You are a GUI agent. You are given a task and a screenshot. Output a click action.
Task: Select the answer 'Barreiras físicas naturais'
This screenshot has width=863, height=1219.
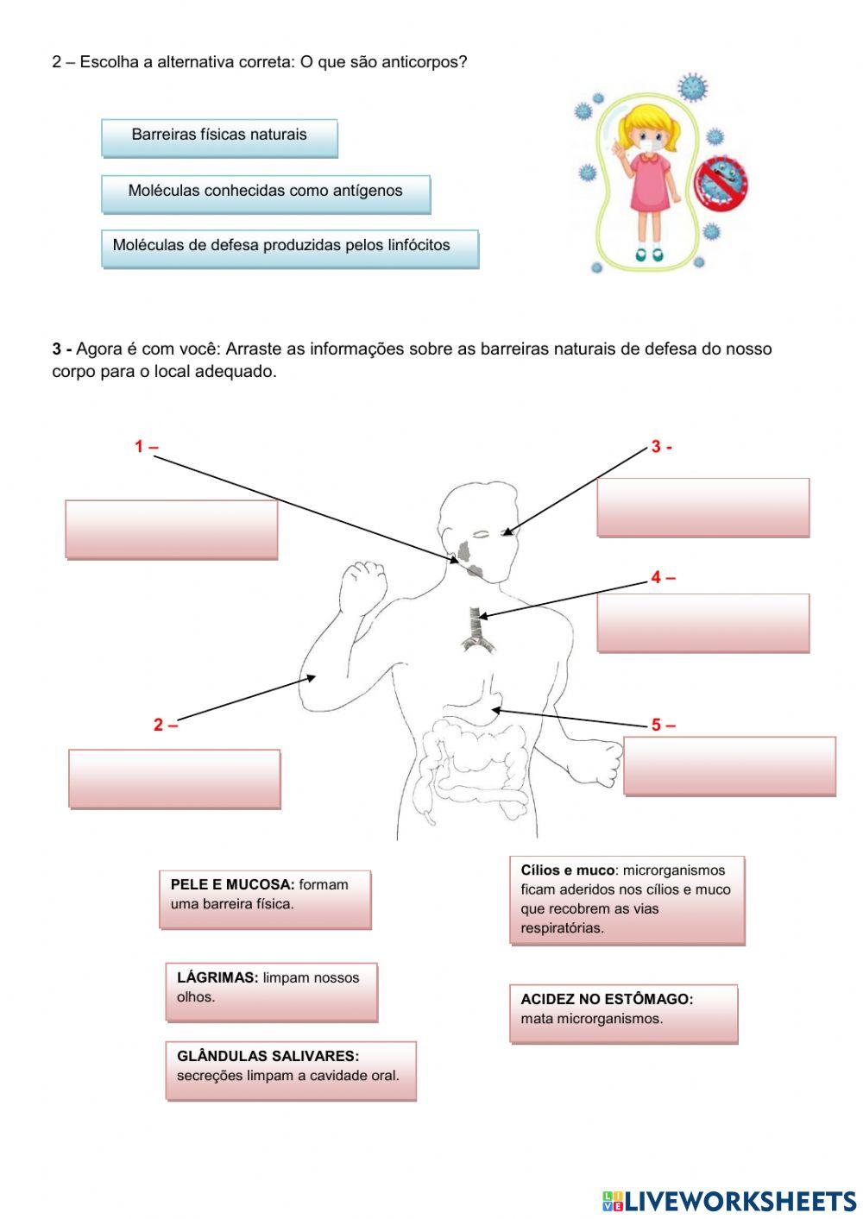(219, 137)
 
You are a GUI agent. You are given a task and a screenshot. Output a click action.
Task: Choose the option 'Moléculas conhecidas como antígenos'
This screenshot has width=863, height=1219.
(265, 193)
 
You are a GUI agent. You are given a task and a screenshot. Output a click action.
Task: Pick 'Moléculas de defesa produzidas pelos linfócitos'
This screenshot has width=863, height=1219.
(289, 248)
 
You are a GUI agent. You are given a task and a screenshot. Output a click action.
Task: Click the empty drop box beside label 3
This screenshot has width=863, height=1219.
(702, 507)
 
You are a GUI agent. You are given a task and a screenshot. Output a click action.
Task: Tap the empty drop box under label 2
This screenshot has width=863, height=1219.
(174, 778)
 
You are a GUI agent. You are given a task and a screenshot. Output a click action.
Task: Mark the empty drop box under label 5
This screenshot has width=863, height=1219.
(729, 765)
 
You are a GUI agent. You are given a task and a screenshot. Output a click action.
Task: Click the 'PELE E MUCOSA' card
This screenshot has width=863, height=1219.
(265, 898)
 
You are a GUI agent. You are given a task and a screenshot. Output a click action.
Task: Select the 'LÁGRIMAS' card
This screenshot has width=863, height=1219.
(271, 991)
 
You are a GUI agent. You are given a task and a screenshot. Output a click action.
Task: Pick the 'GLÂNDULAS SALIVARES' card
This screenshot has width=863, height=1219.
(290, 1070)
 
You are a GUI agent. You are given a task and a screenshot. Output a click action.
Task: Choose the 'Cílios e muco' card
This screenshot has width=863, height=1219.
(627, 900)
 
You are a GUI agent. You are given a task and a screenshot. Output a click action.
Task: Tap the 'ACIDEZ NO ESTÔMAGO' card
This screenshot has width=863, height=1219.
(623, 1013)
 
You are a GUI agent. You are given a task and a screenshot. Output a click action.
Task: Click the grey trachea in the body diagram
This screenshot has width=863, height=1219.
(475, 625)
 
